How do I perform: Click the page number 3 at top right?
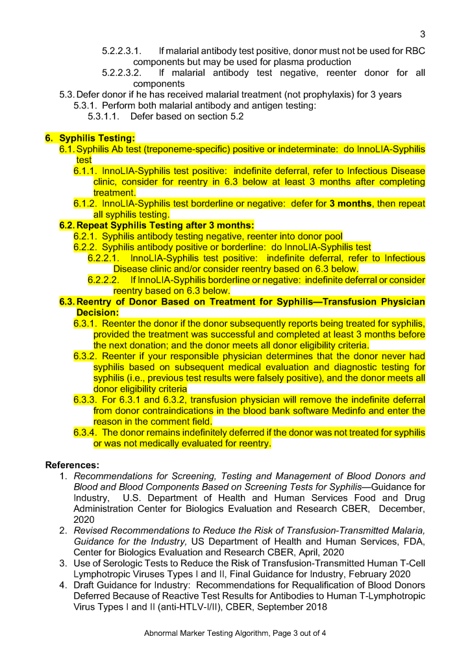pyautogui.click(x=423, y=34)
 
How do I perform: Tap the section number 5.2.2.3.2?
pyautogui.click(x=122, y=73)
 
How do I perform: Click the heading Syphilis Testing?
pyautogui.click(x=97, y=138)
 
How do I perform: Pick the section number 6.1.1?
pyautogui.click(x=85, y=171)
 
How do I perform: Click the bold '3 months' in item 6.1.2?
pyautogui.click(x=350, y=204)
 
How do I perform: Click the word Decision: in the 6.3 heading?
pyautogui.click(x=99, y=312)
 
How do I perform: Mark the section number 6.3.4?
pyautogui.click(x=85, y=433)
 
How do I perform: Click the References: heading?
pyautogui.click(x=72, y=465)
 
